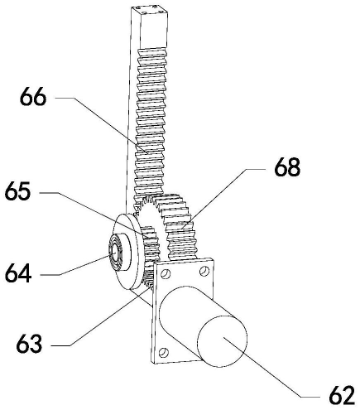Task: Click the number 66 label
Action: coord(33,97)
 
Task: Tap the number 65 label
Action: coord(17,191)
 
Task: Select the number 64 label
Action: coord(18,273)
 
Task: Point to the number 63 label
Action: coord(29,344)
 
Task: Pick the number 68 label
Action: coord(287,167)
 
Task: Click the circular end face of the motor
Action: coord(223,341)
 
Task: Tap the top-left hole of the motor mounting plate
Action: coord(166,273)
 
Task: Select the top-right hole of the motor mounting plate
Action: coord(204,271)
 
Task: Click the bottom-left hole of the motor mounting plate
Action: coord(163,353)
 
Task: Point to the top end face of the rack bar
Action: coord(150,10)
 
